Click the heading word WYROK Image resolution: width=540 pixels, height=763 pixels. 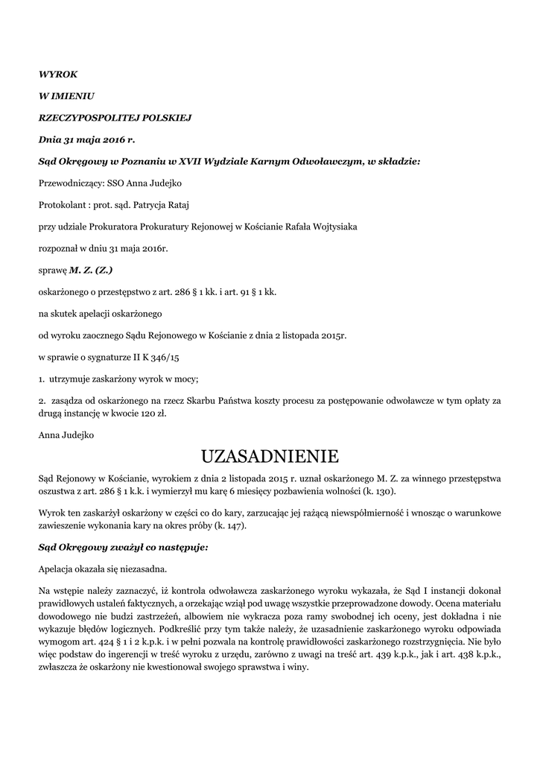coord(57,75)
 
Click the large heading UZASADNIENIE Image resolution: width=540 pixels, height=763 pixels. coord(270,455)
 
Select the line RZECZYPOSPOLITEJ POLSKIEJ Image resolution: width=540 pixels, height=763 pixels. coord(115,118)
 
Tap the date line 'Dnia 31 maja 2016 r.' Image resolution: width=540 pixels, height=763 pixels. coord(87,139)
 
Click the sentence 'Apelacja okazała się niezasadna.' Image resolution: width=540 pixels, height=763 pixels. coord(102,569)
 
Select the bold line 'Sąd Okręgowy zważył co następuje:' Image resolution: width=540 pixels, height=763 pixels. coord(123,547)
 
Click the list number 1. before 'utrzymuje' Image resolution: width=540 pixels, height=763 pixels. coord(42,379)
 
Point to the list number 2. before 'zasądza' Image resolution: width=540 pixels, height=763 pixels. coord(42,401)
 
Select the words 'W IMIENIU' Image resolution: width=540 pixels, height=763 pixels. coord(66,96)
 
